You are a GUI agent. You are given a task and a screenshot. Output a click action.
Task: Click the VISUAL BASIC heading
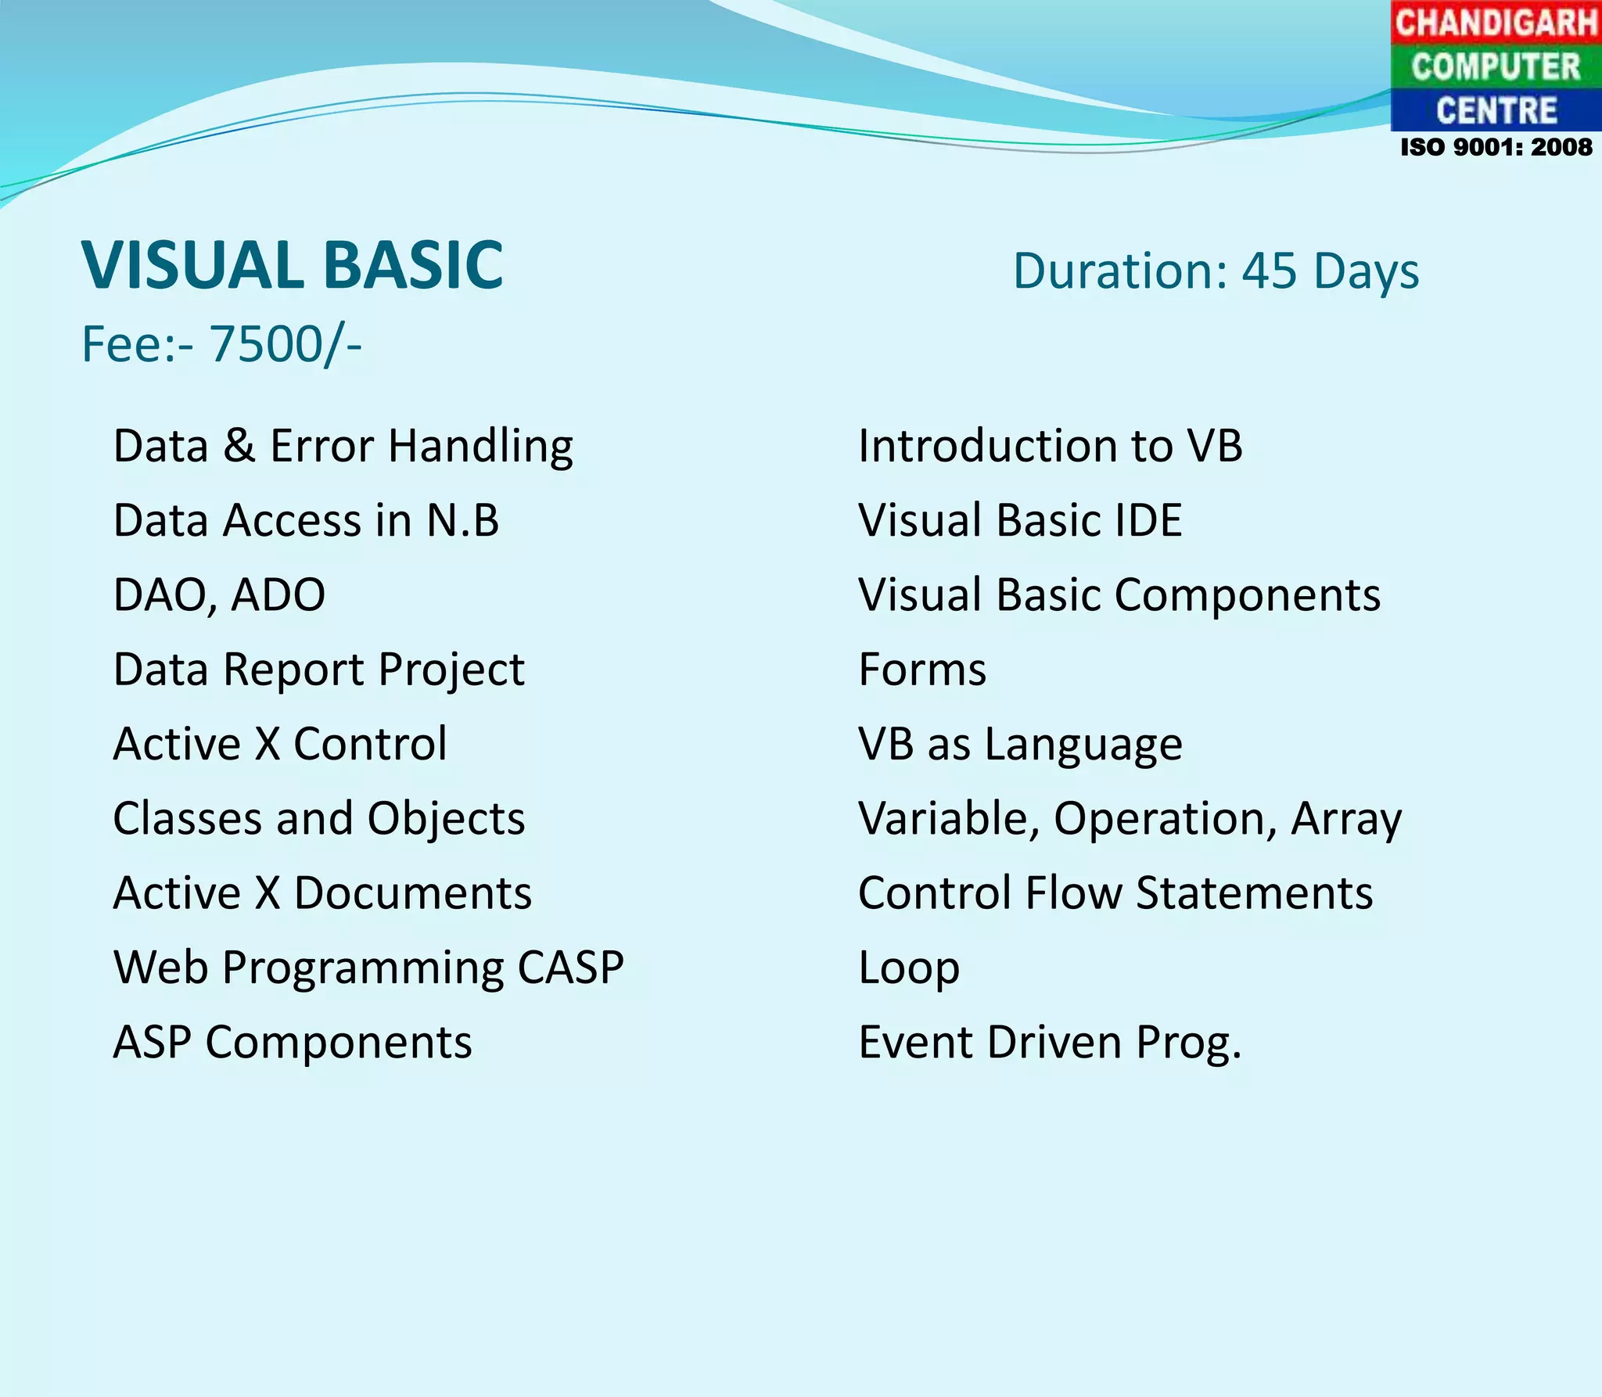coord(293,266)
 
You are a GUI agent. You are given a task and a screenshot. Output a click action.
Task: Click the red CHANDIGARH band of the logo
coord(1496,22)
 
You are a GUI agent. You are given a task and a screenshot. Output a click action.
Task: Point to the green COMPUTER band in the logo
coord(1496,66)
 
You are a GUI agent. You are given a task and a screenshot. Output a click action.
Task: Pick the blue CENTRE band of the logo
coord(1496,110)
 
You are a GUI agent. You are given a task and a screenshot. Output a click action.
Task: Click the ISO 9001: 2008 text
coord(1496,147)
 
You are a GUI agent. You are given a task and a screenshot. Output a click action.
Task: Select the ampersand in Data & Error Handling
coord(239,446)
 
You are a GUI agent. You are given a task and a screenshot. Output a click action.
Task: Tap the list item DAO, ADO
coord(219,594)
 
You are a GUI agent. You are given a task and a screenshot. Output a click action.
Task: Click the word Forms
coord(922,670)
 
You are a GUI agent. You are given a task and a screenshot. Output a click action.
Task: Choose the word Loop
coord(908,968)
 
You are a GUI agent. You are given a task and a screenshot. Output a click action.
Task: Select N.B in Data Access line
coord(462,521)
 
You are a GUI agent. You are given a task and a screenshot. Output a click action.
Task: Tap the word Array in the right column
coord(1346,820)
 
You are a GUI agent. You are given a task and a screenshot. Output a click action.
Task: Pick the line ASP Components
coord(293,1043)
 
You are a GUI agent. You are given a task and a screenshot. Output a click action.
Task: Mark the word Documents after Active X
coord(412,893)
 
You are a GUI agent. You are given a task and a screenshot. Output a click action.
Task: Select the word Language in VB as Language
coord(1083,745)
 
